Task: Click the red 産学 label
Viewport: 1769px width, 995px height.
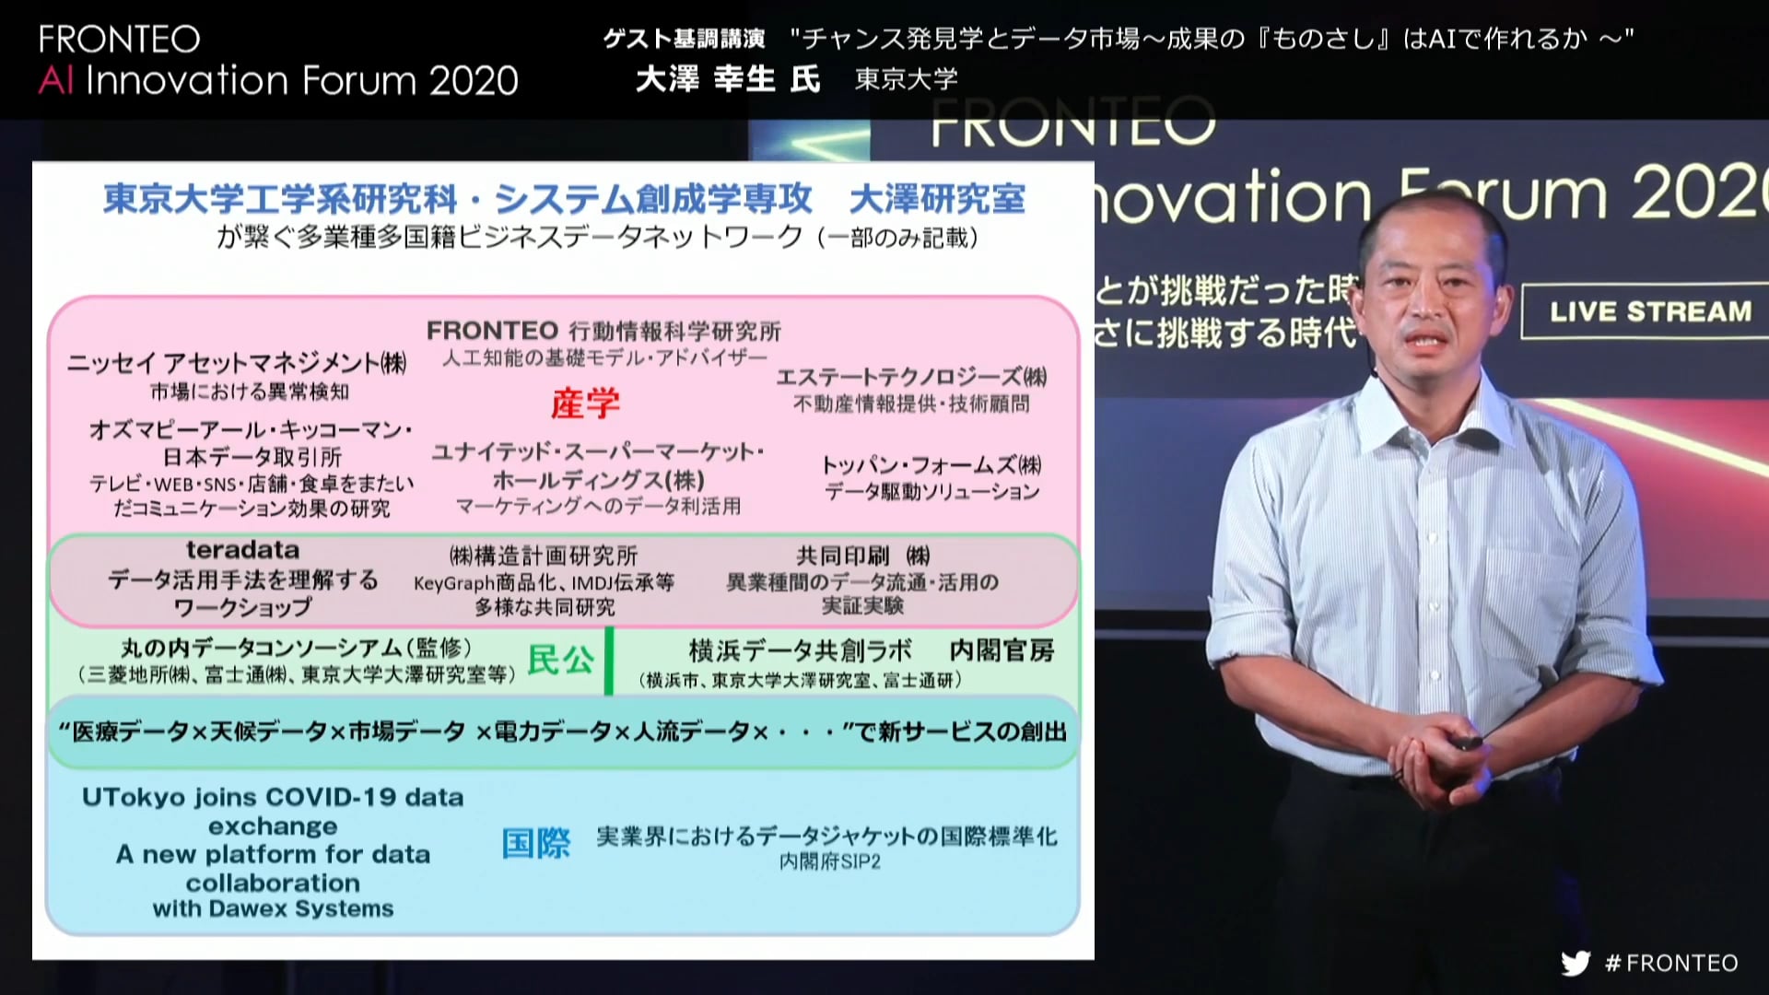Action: coord(585,404)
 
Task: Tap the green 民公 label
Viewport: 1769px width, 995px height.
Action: coord(560,660)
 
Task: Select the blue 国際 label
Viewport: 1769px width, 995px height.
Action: coord(536,843)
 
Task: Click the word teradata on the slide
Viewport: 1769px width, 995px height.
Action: coord(242,550)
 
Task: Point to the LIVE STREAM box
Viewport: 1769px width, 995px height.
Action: coord(1649,311)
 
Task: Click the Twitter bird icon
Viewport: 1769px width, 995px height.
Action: coord(1576,963)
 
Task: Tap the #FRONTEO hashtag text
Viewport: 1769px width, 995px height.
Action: coord(1671,963)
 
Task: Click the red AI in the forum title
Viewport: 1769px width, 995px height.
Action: coord(55,81)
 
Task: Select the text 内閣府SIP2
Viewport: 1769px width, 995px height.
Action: coord(830,862)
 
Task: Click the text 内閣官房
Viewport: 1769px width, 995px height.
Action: coord(1002,650)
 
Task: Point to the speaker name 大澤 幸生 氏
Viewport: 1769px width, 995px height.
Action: coord(728,79)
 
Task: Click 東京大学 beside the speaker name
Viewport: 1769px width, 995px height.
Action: coord(907,80)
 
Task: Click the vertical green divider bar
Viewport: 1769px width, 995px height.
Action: coord(609,661)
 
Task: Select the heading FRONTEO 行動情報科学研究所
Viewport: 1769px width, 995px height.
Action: coord(603,331)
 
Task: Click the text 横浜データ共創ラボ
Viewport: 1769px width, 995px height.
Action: coord(801,650)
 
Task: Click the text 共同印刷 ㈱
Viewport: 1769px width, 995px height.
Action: coord(862,556)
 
